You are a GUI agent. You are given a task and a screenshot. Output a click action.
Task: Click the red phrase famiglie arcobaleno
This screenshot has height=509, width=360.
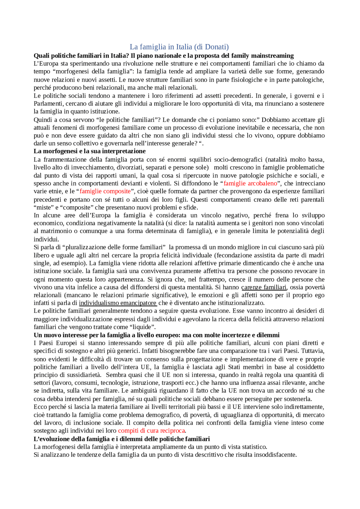[250, 184]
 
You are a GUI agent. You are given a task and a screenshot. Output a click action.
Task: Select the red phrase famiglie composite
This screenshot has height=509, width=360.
[105, 191]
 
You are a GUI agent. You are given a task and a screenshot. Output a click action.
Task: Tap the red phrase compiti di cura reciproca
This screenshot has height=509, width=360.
[151, 431]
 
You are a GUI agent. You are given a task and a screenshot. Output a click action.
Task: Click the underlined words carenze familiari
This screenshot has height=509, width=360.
[264, 287]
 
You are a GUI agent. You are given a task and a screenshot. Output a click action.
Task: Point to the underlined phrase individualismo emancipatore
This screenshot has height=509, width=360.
[118, 303]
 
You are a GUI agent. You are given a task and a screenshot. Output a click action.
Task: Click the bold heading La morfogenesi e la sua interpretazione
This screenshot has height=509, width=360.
[89, 151]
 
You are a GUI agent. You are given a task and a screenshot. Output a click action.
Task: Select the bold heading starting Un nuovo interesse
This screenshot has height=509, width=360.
[156, 335]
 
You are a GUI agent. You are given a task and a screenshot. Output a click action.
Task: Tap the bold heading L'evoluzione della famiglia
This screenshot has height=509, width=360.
[121, 439]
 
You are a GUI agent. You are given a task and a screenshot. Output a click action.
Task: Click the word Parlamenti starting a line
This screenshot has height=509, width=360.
[49, 104]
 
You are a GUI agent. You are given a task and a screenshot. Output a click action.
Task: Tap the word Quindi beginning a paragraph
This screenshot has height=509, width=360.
[42, 120]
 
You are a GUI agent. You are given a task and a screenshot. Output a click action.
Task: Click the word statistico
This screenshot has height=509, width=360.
[254, 447]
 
